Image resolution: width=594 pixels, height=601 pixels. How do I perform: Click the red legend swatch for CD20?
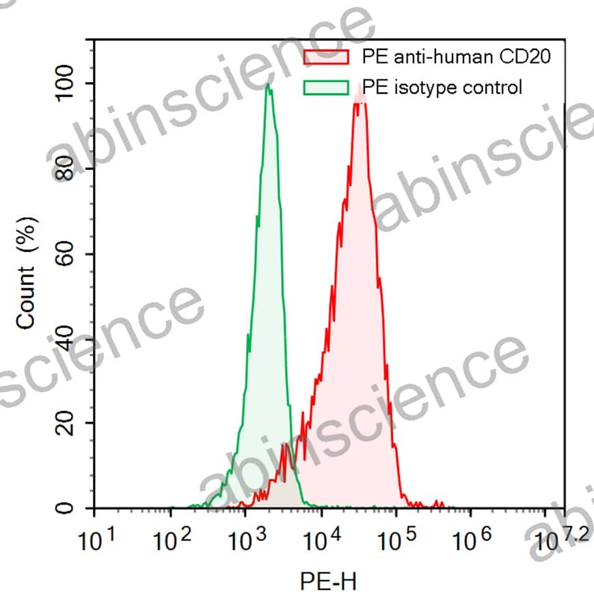click(325, 57)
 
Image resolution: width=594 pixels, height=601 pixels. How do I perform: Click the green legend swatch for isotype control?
click(325, 88)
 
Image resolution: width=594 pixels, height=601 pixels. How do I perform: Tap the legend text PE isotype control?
click(442, 88)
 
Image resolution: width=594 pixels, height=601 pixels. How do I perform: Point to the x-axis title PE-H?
click(328, 582)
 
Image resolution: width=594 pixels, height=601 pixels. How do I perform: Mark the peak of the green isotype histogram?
click(269, 86)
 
